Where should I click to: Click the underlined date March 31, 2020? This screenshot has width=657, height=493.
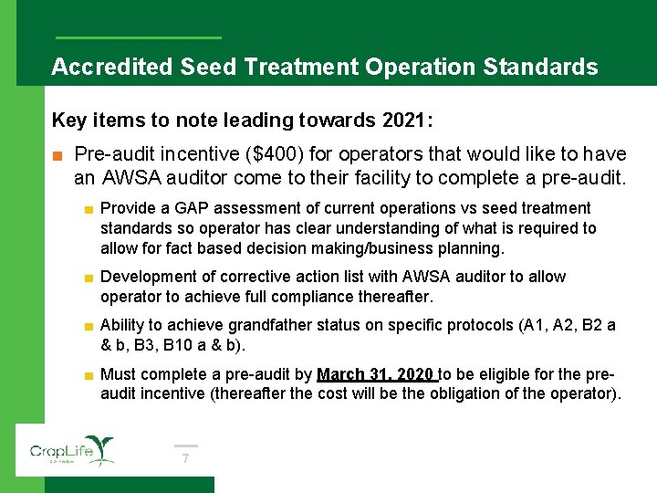[x=377, y=374]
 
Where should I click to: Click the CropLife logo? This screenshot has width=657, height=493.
[x=71, y=450]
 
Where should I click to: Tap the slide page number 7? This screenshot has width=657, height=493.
[x=185, y=458]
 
